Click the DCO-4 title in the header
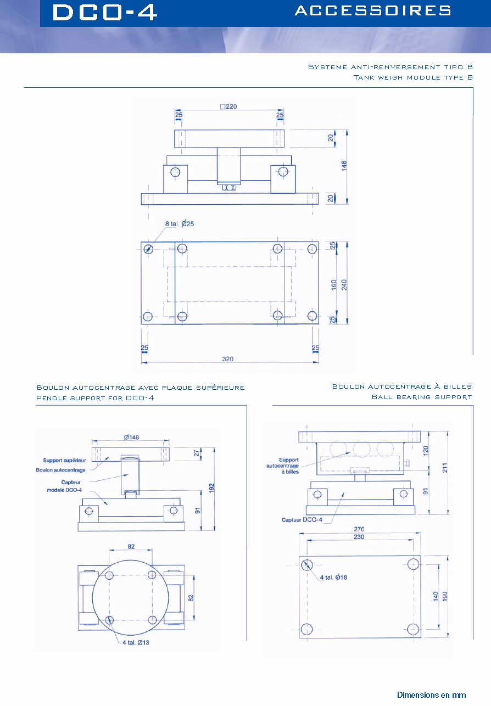[x=104, y=13]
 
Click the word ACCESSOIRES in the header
[x=373, y=10]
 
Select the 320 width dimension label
[x=228, y=359]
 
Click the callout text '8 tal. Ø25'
[x=181, y=223]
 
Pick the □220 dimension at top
[x=228, y=107]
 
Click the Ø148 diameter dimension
[x=131, y=437]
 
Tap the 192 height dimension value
[x=211, y=487]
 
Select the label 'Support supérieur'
[x=64, y=460]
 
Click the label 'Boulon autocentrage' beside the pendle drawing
[x=61, y=470]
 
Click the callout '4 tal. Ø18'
[x=334, y=577]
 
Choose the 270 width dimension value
[x=359, y=529]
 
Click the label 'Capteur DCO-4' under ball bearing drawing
[x=303, y=519]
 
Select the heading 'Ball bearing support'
[x=421, y=396]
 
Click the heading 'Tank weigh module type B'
[x=413, y=77]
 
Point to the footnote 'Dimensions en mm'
[x=431, y=694]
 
